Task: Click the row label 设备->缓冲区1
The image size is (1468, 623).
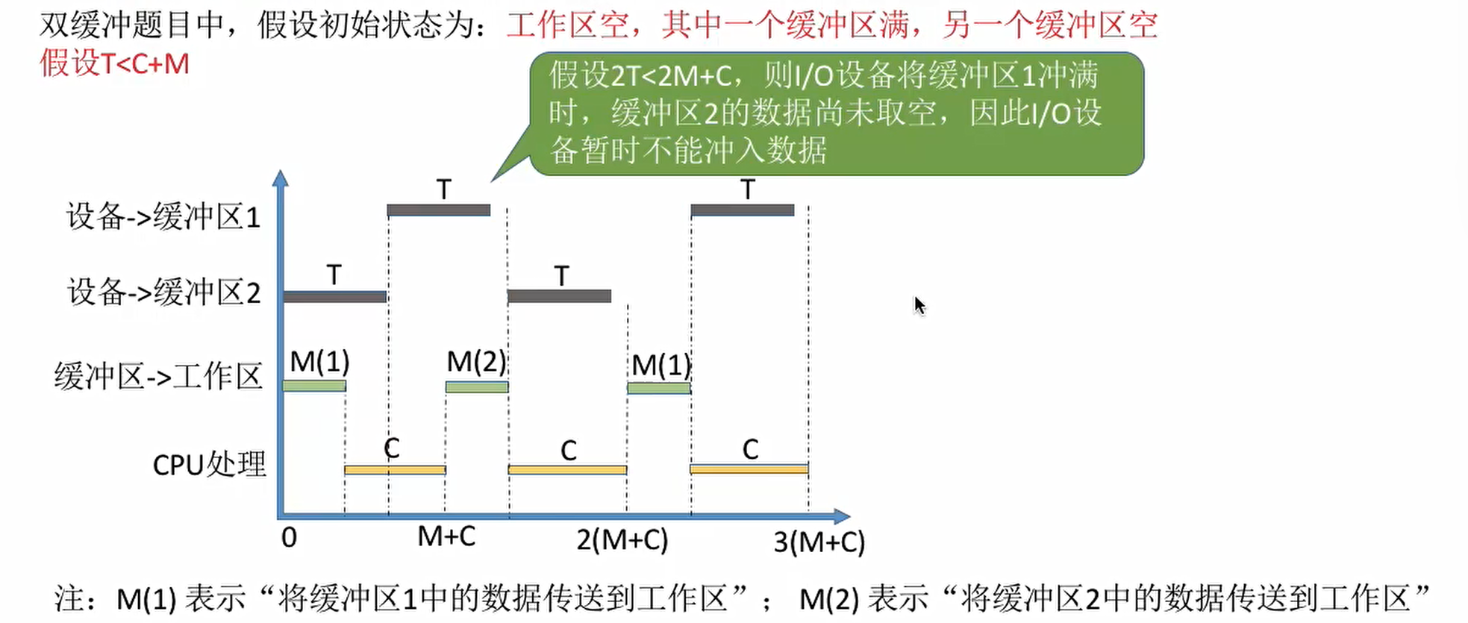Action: (x=163, y=217)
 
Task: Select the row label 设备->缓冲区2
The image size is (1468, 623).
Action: (x=164, y=292)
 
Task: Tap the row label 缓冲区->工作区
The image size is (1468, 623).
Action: (x=158, y=376)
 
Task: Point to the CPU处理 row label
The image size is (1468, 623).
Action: (x=209, y=464)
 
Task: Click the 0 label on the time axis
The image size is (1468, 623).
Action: (x=289, y=538)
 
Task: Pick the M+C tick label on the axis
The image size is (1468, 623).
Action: (x=446, y=536)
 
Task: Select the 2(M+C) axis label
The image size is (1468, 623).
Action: (x=622, y=539)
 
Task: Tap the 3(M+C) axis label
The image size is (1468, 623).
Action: (x=819, y=542)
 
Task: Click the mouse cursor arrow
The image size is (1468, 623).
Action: (x=919, y=304)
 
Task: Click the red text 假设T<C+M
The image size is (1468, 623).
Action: (x=115, y=64)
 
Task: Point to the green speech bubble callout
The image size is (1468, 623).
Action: (x=836, y=113)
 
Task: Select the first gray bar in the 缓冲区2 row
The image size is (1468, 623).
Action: (x=335, y=296)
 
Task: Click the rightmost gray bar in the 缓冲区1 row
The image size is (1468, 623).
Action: (x=743, y=210)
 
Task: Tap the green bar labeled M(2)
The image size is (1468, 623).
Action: (x=477, y=386)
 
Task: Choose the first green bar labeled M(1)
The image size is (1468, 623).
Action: (x=314, y=386)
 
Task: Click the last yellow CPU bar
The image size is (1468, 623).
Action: (x=749, y=469)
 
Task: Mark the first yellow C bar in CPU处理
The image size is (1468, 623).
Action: (x=395, y=470)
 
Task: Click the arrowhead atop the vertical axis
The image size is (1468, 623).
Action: (x=281, y=178)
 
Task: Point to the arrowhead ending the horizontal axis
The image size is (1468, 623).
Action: (x=842, y=516)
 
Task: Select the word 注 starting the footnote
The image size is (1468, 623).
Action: (x=68, y=598)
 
